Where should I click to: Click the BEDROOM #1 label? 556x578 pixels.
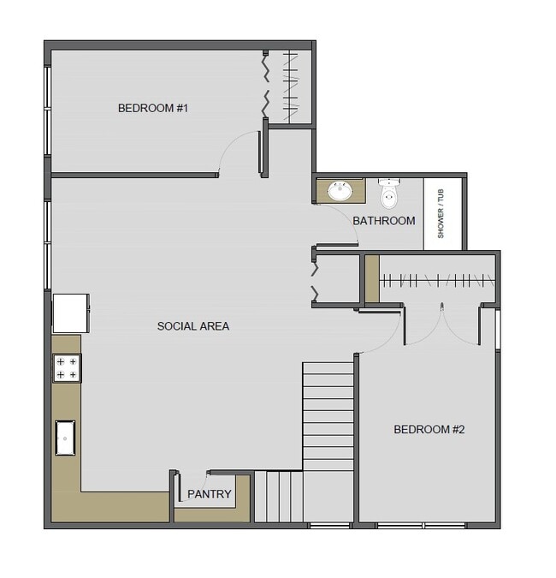point(152,109)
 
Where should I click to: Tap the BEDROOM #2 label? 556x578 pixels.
point(429,430)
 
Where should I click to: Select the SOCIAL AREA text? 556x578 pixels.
point(193,326)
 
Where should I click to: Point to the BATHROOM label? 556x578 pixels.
point(384,221)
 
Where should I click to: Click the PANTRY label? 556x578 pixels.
point(210,494)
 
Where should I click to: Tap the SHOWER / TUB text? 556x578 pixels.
point(441,214)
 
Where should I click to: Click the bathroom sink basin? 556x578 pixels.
point(340,191)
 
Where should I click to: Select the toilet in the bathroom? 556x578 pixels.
point(389,195)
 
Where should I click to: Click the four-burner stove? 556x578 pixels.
point(67,368)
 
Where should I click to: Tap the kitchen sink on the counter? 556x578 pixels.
point(67,438)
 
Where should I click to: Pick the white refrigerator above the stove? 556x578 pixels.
point(70,313)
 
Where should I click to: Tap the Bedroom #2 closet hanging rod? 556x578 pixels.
point(436,280)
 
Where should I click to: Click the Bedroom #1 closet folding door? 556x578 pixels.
point(266,86)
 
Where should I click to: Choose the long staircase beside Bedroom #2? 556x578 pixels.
point(328,415)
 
